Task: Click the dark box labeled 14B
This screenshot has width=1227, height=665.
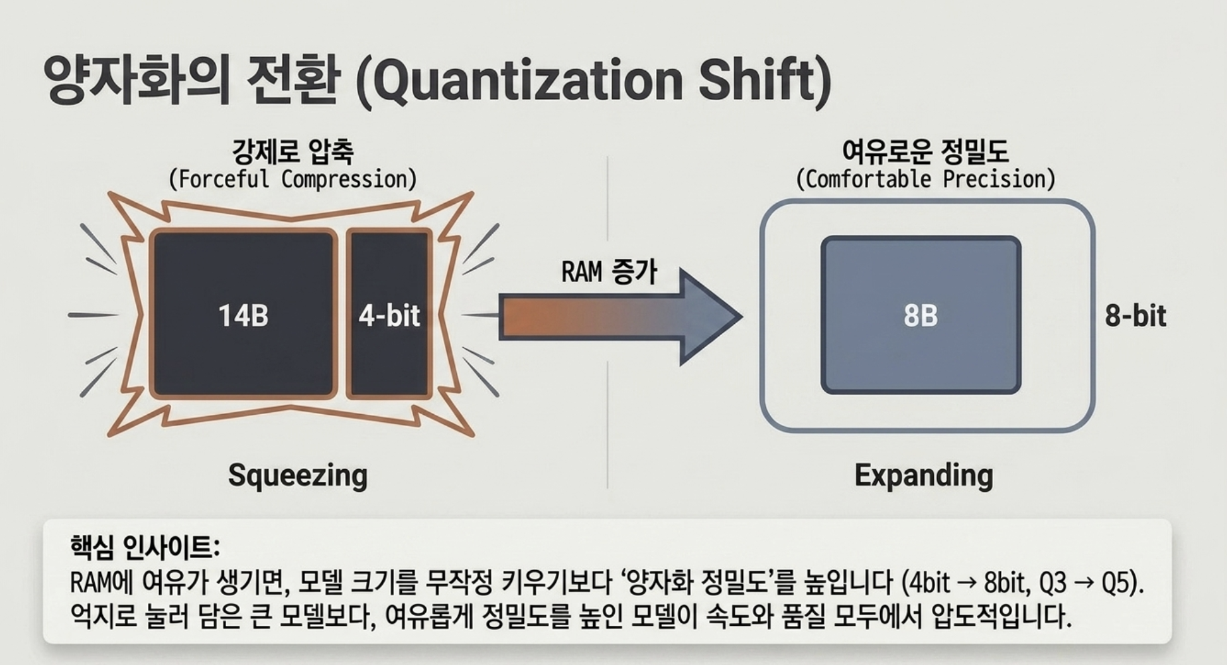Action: click(243, 314)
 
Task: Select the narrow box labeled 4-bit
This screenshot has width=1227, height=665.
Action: click(389, 314)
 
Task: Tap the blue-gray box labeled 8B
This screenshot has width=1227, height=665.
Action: click(921, 315)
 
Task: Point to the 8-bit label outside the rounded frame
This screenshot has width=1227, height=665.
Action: click(1135, 316)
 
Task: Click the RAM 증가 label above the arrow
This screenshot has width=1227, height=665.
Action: click(609, 271)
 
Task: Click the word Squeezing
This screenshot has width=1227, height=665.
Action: click(298, 476)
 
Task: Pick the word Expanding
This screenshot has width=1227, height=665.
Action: click(924, 476)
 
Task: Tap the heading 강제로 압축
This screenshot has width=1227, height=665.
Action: click(292, 151)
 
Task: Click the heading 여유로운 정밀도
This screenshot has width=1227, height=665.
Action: click(925, 151)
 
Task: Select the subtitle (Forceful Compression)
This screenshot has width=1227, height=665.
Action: click(292, 179)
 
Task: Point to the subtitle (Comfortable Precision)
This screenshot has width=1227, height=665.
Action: click(925, 179)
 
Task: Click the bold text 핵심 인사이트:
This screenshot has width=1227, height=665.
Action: click(144, 548)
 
